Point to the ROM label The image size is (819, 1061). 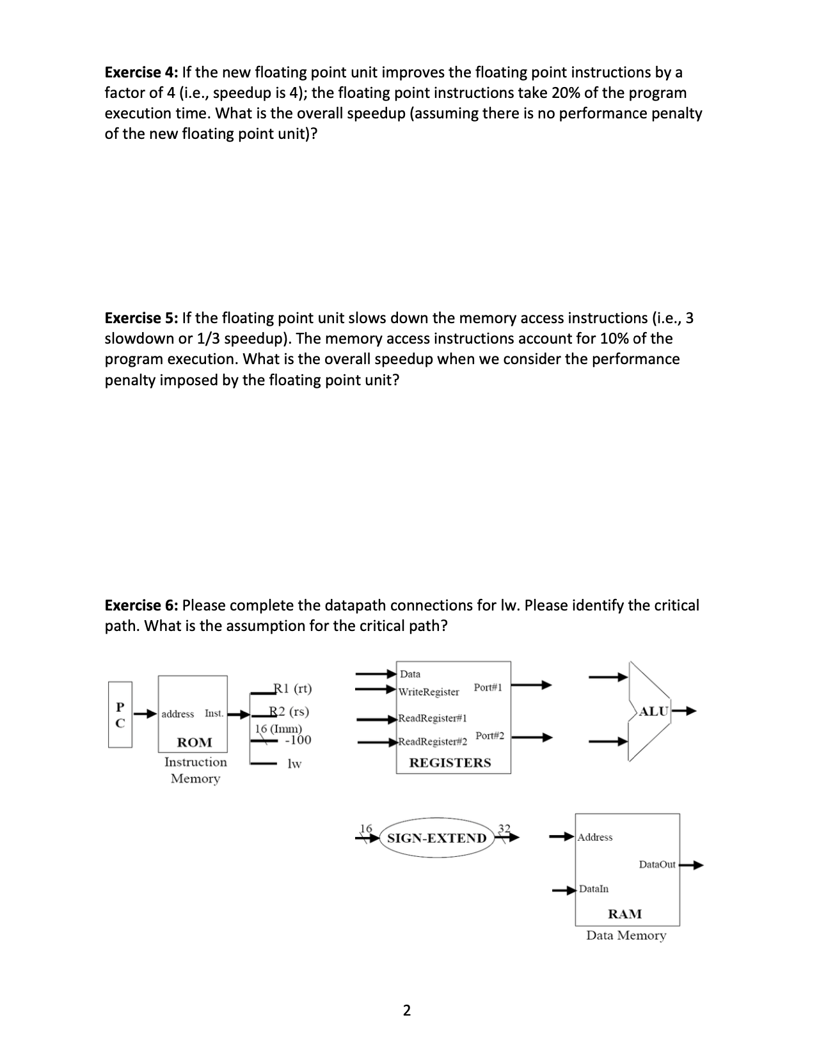[195, 742]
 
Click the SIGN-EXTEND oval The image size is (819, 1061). [437, 838]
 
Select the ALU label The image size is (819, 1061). [654, 711]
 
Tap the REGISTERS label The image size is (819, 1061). [450, 763]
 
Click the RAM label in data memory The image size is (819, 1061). [624, 914]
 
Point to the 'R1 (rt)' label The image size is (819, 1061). [292, 689]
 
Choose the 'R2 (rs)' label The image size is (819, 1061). [290, 711]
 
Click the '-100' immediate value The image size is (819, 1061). [298, 740]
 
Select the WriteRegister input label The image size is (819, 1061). [429, 692]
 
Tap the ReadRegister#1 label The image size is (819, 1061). [433, 718]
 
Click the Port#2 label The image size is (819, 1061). [489, 736]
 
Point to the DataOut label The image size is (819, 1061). [657, 865]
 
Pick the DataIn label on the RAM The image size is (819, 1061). [594, 889]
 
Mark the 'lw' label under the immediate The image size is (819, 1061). [294, 763]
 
